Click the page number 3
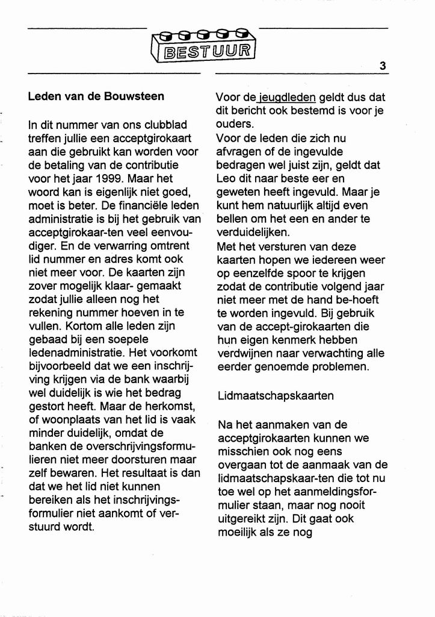click(x=383, y=66)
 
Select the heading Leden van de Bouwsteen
click(x=96, y=96)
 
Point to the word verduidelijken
click(x=253, y=232)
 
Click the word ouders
click(x=232, y=124)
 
